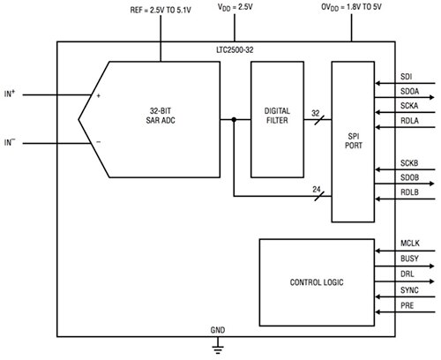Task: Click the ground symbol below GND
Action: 216,348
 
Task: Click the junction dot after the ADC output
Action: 233,121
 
